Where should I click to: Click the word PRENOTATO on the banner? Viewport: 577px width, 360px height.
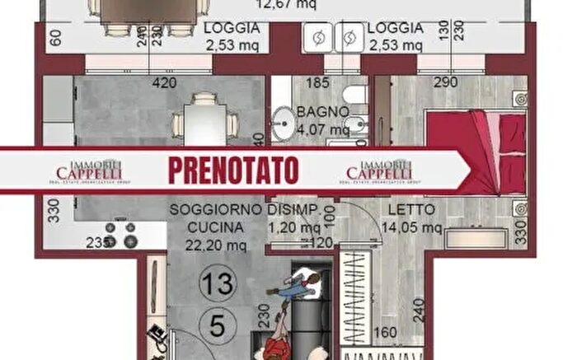point(232,170)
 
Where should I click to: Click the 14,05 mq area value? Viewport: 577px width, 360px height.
point(413,227)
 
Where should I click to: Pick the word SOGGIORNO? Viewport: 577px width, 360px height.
point(216,210)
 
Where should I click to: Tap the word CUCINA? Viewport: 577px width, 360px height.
point(216,227)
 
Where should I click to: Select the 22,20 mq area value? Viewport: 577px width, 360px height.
point(216,244)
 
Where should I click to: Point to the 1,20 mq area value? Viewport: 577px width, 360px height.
point(298,227)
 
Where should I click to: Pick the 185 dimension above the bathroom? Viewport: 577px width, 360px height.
point(317,82)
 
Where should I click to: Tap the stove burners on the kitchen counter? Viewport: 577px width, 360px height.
point(120,236)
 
